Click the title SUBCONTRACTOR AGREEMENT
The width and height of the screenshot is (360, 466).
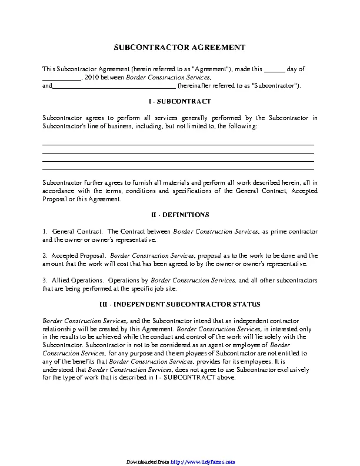coord(179,47)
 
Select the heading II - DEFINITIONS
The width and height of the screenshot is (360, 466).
coord(180,215)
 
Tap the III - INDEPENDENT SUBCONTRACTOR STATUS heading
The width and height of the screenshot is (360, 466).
coord(180,304)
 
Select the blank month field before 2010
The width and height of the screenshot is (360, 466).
coord(61,78)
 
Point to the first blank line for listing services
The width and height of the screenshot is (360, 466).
coord(178,144)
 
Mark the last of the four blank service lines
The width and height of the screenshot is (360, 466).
coord(178,168)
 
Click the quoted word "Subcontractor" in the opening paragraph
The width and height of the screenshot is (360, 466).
coord(275,86)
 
